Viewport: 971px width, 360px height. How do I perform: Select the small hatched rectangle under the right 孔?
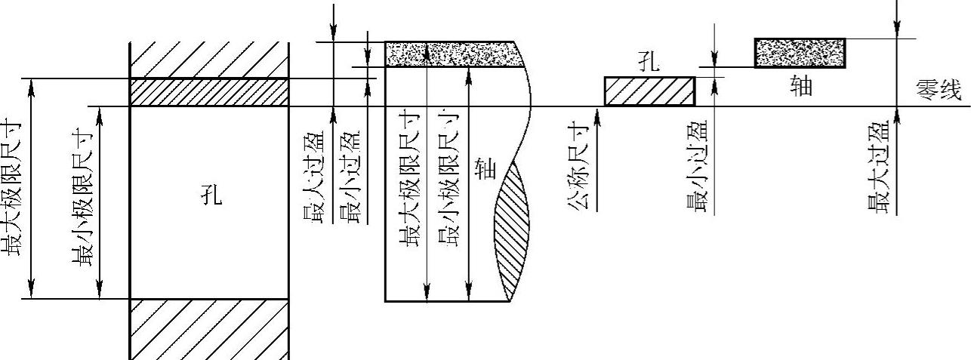(x=649, y=91)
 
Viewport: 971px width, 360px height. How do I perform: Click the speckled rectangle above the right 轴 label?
(x=800, y=52)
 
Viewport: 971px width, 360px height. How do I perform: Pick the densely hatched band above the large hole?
(x=209, y=92)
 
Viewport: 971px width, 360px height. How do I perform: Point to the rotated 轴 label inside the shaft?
(x=487, y=169)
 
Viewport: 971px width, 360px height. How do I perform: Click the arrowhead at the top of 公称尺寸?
(x=596, y=112)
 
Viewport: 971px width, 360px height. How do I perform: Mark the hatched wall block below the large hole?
(x=209, y=329)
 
